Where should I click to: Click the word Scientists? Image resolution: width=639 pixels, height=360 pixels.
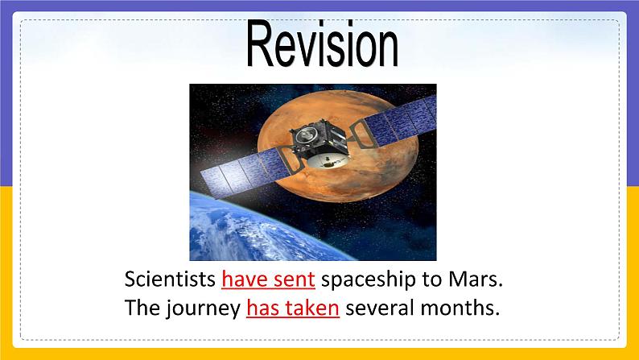click(170, 280)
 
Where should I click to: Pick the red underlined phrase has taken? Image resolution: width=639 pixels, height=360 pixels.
click(292, 308)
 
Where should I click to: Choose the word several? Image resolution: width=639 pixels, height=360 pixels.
click(379, 308)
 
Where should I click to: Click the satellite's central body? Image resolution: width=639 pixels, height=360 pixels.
click(318, 145)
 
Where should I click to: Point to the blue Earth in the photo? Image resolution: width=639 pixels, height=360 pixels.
click(241, 234)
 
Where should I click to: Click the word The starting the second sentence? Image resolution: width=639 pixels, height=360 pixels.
click(142, 308)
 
